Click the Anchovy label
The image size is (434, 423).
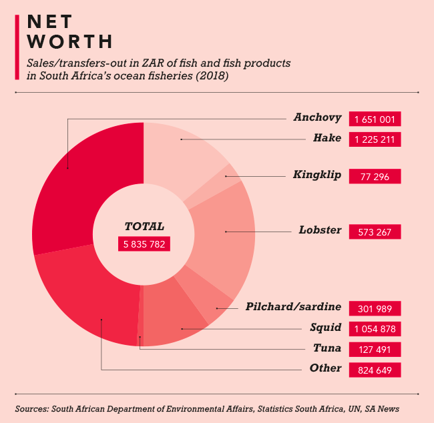pos(317,118)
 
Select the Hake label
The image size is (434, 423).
pos(327,139)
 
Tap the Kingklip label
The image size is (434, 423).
pos(317,175)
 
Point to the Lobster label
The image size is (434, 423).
pos(320,231)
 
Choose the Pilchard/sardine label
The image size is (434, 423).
pos(293,308)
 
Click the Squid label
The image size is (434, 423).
pos(326,328)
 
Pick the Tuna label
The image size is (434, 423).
pos(327,348)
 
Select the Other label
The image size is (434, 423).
pos(325,368)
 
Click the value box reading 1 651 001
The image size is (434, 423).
pos(375,119)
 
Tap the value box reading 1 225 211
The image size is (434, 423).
pos(375,139)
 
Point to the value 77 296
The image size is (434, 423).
pos(375,176)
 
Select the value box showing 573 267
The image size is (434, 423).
pos(375,232)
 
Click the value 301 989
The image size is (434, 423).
pos(375,308)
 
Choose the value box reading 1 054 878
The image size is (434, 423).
pos(375,328)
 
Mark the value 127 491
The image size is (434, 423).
pos(375,349)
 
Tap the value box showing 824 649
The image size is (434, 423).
pos(375,370)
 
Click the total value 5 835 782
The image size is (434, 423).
pos(144,244)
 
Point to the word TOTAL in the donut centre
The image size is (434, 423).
pos(144,227)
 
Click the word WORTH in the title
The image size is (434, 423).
pos(70,41)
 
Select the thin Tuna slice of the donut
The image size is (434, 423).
pos(140,320)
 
